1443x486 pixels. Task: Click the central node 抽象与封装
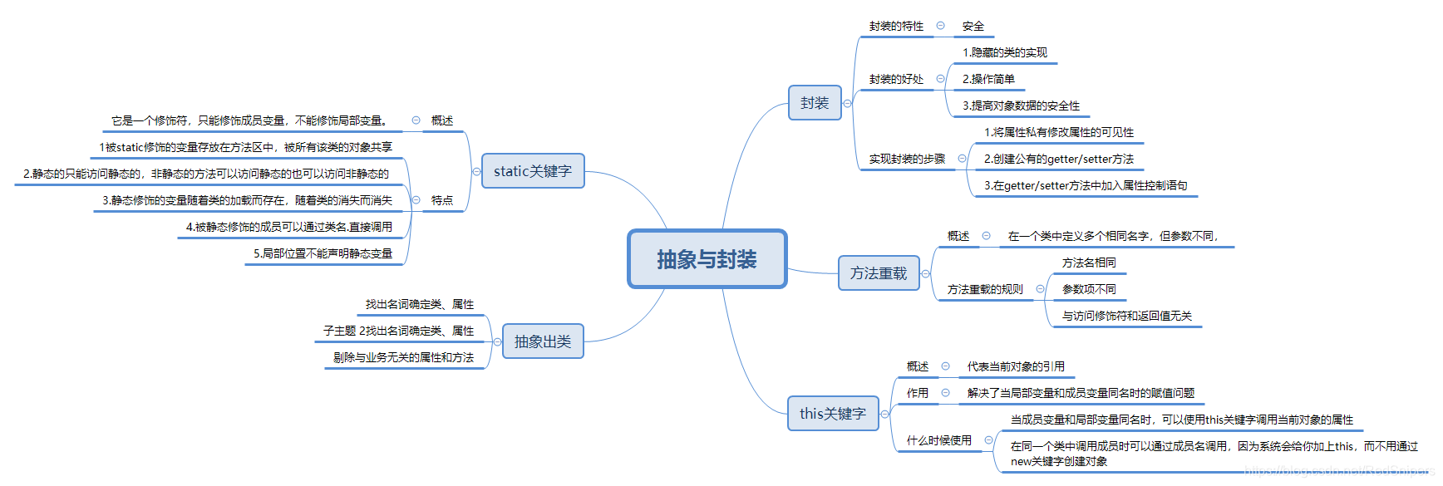point(707,259)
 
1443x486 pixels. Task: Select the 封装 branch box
point(815,103)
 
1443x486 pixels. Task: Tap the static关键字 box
point(533,171)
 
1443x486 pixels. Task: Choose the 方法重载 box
point(879,273)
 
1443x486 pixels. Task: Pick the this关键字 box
point(833,414)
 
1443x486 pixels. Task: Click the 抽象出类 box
point(543,341)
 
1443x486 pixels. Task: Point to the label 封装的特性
point(896,27)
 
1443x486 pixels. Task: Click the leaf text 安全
point(973,27)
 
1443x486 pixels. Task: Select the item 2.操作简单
point(988,80)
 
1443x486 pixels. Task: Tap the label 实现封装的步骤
point(907,160)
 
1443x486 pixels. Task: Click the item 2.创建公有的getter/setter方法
point(1059,160)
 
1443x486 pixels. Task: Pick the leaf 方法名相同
point(1089,263)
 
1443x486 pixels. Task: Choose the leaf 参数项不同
point(1089,290)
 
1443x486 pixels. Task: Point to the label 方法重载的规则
point(985,290)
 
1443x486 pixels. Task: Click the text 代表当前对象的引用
point(1016,367)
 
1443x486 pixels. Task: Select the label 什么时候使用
point(938,441)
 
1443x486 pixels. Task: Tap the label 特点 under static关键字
point(442,201)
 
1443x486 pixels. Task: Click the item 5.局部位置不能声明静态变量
point(323,254)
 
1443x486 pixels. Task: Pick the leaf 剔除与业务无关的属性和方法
point(403,358)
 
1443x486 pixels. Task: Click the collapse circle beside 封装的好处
point(941,79)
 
